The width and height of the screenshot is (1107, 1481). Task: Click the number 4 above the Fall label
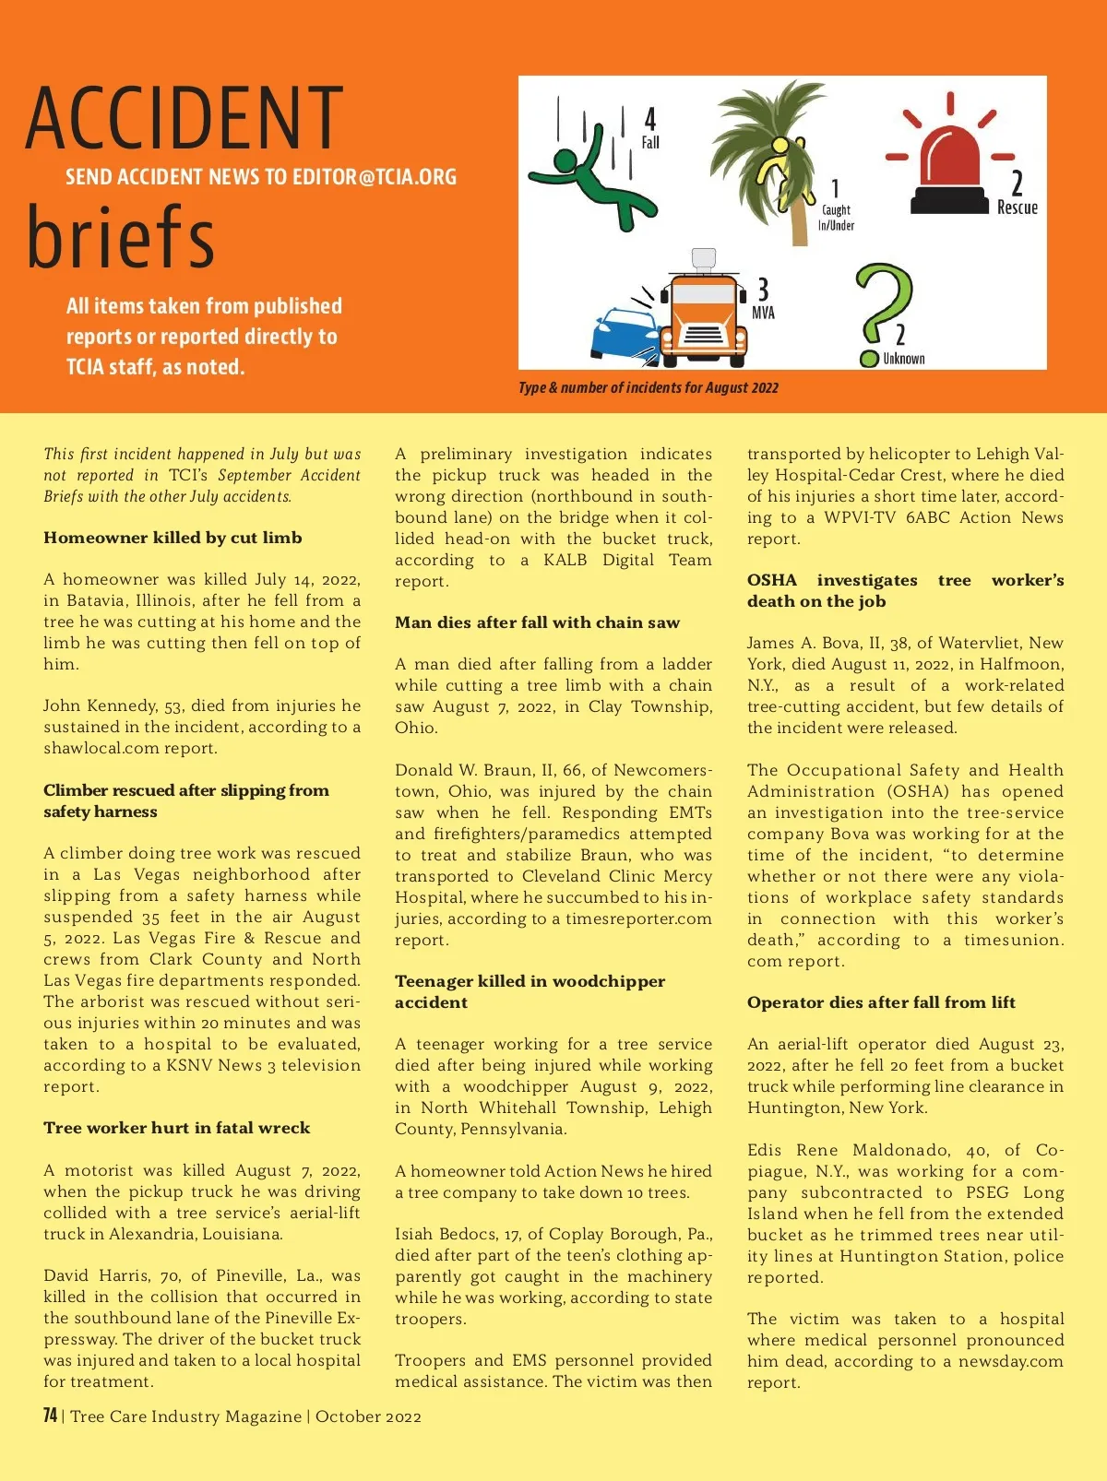pyautogui.click(x=650, y=119)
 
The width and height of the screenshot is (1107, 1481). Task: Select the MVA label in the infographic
pyautogui.click(x=763, y=314)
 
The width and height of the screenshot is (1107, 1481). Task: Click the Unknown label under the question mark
pyautogui.click(x=903, y=359)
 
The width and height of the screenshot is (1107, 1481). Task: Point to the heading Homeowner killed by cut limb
pyautogui.click(x=173, y=538)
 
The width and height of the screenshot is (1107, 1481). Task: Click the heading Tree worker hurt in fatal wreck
pyautogui.click(x=176, y=1128)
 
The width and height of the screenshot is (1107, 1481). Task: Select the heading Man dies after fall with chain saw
pyautogui.click(x=537, y=622)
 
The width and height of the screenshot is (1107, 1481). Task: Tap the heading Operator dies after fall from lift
pyautogui.click(x=881, y=1002)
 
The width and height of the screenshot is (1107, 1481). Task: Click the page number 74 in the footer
pyautogui.click(x=51, y=1416)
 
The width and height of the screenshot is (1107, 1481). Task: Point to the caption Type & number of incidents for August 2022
pyautogui.click(x=649, y=387)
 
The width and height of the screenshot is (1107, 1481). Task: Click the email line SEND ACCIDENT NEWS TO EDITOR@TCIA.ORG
pyautogui.click(x=261, y=177)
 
